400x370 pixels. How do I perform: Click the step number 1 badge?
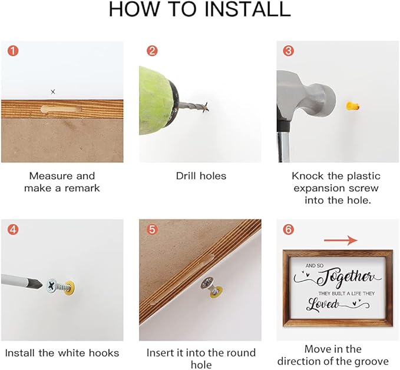coord(13,51)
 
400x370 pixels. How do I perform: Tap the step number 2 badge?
coord(152,51)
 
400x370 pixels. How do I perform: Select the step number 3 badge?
coord(288,51)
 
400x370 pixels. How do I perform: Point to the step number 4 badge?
coord(13,229)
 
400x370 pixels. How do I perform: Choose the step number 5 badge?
coord(152,229)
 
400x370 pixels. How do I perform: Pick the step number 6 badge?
coord(288,229)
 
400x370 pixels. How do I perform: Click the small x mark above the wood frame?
coord(53,92)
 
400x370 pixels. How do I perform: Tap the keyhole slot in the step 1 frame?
coord(61,109)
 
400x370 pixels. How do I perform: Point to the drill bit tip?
coord(207,108)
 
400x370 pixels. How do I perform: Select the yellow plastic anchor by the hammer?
coord(353,106)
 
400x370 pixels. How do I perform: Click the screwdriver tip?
coord(38,284)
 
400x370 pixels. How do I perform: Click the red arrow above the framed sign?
coord(341,240)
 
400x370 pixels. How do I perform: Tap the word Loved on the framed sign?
coord(323,304)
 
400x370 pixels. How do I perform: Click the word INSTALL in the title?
coord(247,9)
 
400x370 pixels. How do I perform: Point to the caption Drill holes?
coord(201,176)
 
